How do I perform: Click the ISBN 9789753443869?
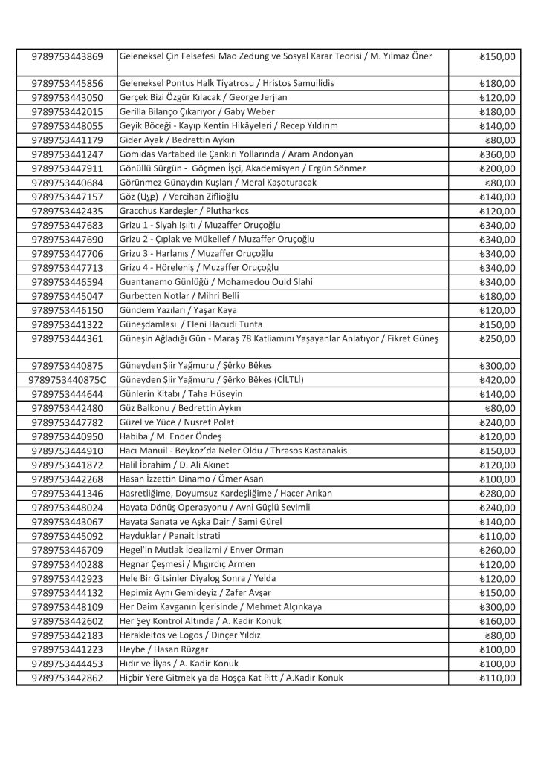[68, 57]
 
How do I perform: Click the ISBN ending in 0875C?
[68, 380]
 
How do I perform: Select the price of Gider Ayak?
[500, 140]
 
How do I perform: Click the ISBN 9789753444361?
[68, 339]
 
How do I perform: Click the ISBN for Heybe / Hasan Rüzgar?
[68, 649]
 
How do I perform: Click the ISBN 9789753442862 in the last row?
[68, 678]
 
